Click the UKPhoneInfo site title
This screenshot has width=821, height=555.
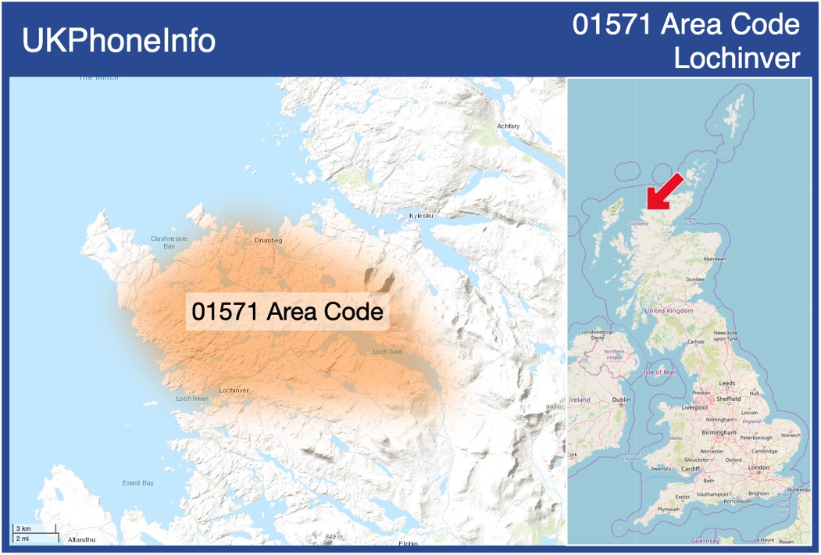(119, 41)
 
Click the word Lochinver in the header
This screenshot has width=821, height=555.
(737, 58)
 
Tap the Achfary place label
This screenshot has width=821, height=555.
(508, 126)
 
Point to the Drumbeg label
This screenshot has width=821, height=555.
(268, 240)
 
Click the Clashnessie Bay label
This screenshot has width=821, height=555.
(169, 242)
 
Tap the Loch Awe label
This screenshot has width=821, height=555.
(387, 352)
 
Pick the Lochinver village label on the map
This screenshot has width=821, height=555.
(234, 390)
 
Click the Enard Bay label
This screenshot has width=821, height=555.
(137, 483)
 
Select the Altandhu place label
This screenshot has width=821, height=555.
(81, 540)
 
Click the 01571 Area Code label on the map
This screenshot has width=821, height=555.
(287, 311)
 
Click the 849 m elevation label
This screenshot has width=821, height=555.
(334, 536)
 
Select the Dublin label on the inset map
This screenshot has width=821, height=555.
(622, 399)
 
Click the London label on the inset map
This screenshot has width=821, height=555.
(759, 467)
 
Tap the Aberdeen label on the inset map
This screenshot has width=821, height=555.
(714, 259)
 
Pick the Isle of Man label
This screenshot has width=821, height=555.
(660, 372)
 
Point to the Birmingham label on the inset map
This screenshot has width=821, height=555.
(719, 432)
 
